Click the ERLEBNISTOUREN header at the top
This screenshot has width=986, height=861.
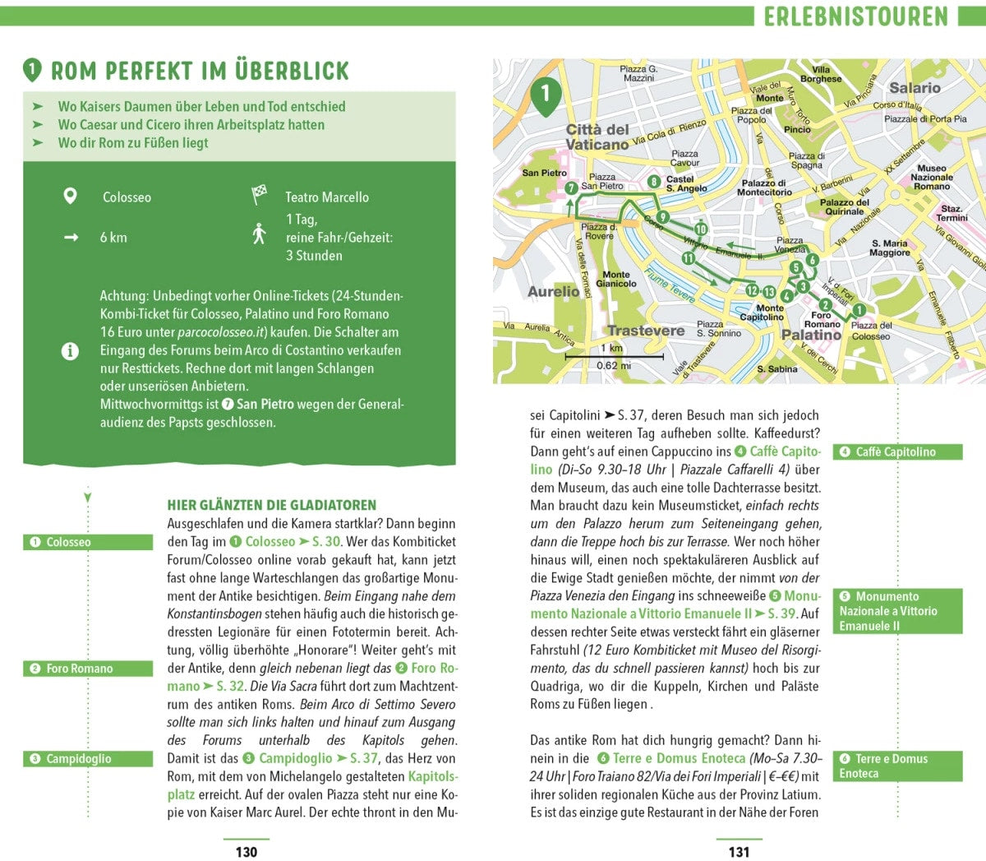(855, 16)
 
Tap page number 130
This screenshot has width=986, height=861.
(246, 852)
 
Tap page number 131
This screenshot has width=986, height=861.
(739, 852)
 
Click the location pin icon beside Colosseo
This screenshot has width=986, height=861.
(71, 197)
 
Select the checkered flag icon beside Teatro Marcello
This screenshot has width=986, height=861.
(260, 196)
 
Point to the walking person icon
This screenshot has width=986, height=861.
(260, 234)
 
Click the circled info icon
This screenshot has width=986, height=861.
(71, 351)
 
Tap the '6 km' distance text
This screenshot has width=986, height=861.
(113, 238)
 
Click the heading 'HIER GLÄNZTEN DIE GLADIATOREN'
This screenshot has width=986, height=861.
(271, 505)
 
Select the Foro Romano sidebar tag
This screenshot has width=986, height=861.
(88, 669)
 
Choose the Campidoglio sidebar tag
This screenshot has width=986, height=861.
(88, 758)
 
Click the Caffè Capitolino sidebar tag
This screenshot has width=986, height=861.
(897, 451)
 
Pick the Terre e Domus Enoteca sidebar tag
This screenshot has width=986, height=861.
(897, 766)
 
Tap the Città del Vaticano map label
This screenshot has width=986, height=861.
(597, 137)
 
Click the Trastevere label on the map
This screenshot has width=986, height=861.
(646, 331)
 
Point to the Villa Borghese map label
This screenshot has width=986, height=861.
(821, 74)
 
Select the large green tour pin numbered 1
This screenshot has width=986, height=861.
(545, 94)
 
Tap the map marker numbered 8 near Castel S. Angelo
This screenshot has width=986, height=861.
(654, 182)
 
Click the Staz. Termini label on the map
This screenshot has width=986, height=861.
(951, 213)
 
